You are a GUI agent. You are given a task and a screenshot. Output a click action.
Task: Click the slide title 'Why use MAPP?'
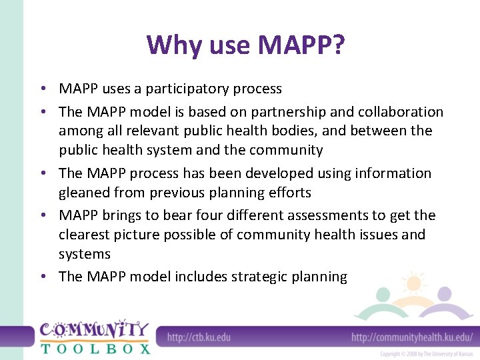[x=246, y=45]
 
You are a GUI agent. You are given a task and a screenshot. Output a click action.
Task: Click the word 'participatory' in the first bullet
[x=189, y=89]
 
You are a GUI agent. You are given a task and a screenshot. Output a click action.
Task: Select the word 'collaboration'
[x=398, y=111]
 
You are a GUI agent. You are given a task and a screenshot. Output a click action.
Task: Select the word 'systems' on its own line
[x=84, y=254]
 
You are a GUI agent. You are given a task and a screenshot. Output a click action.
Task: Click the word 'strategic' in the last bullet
[x=259, y=277]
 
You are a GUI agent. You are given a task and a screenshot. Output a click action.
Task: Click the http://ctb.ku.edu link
[x=199, y=337]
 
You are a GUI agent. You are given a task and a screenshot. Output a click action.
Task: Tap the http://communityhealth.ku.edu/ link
[x=412, y=337]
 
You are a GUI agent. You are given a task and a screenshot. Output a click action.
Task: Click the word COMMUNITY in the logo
[x=94, y=330]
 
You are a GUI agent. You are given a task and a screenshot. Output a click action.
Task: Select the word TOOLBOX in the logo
[x=95, y=348]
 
